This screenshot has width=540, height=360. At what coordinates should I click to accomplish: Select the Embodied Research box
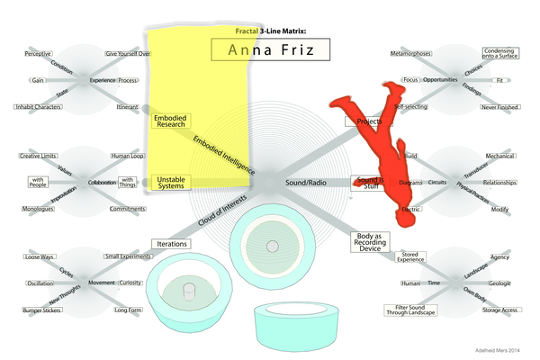pos(170,122)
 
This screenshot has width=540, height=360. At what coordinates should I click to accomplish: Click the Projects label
pos(364,120)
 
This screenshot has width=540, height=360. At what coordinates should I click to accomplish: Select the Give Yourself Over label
pos(128,55)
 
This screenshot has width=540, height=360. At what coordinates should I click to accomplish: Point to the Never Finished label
pos(499,107)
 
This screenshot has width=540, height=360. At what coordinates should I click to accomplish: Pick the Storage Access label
pos(499,310)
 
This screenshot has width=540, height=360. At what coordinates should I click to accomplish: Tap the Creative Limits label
pos(39,157)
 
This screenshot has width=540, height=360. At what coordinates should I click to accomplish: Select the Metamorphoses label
pos(409,55)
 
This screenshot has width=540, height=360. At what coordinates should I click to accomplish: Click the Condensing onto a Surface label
pos(499,54)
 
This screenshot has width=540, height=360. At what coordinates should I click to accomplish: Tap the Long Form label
pos(127,310)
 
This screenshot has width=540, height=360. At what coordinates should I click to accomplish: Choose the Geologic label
pos(499,283)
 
